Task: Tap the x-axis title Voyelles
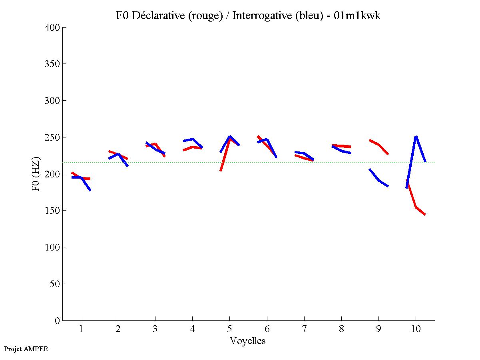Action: (248, 341)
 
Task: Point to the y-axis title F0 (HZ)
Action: (36, 174)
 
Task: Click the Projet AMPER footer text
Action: (26, 349)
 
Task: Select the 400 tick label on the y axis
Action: (52, 28)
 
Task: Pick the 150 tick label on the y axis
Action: (52, 211)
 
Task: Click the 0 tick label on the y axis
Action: (57, 320)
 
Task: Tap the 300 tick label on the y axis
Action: (52, 101)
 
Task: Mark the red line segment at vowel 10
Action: (416, 207)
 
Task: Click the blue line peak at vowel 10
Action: (416, 137)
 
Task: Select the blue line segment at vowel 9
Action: (378, 180)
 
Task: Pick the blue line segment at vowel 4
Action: (193, 139)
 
